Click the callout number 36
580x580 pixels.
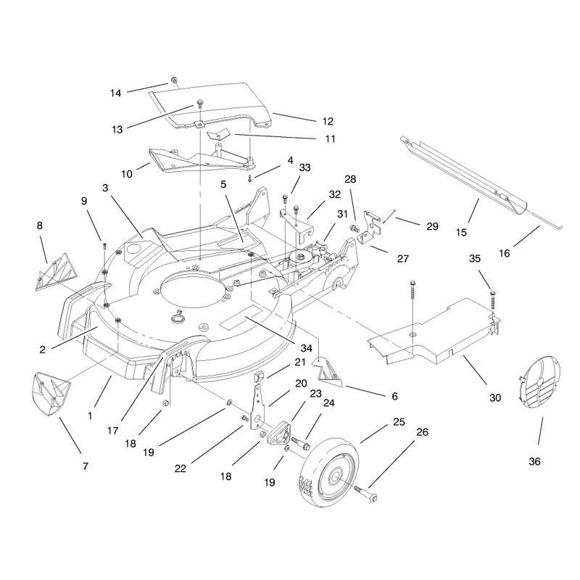(x=534, y=461)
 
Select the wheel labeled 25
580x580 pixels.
(x=328, y=472)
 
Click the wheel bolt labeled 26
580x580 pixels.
(x=365, y=494)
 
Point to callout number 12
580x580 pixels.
(x=328, y=121)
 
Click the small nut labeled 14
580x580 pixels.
(x=173, y=80)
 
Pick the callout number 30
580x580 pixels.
(x=495, y=397)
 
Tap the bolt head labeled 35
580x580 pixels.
(x=492, y=294)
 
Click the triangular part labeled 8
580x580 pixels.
(x=57, y=273)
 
